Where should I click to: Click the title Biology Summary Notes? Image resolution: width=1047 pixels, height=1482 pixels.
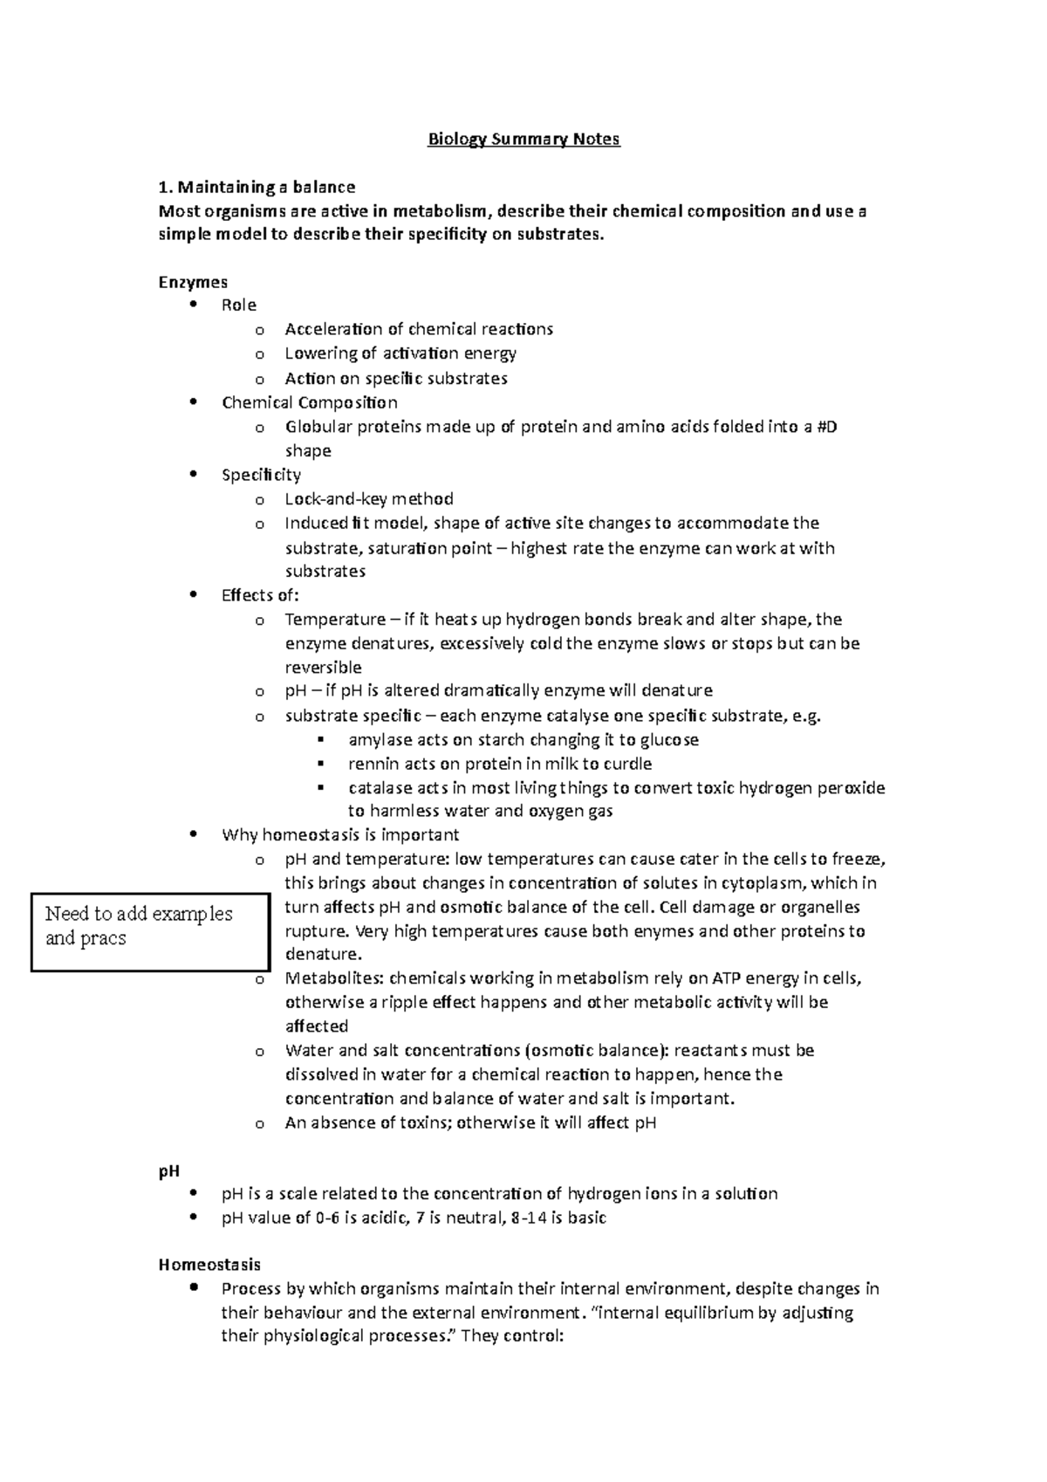(x=523, y=140)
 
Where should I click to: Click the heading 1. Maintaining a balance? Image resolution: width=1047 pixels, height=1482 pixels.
(x=257, y=187)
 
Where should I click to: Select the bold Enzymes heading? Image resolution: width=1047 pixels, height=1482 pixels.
(x=193, y=282)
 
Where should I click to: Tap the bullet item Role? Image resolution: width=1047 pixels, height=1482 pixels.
(x=239, y=305)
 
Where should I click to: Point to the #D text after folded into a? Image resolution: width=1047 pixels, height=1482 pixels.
(x=826, y=428)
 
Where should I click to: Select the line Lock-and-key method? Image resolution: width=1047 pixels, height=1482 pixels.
(x=369, y=499)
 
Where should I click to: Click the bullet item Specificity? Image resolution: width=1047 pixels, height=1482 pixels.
(x=261, y=476)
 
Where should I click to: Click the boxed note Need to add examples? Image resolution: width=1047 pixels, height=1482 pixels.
(x=140, y=915)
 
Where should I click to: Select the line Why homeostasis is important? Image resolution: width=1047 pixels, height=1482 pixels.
(x=340, y=835)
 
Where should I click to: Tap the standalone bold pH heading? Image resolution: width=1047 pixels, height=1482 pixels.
(x=169, y=1172)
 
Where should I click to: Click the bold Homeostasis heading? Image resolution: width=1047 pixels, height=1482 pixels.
(x=209, y=1265)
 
